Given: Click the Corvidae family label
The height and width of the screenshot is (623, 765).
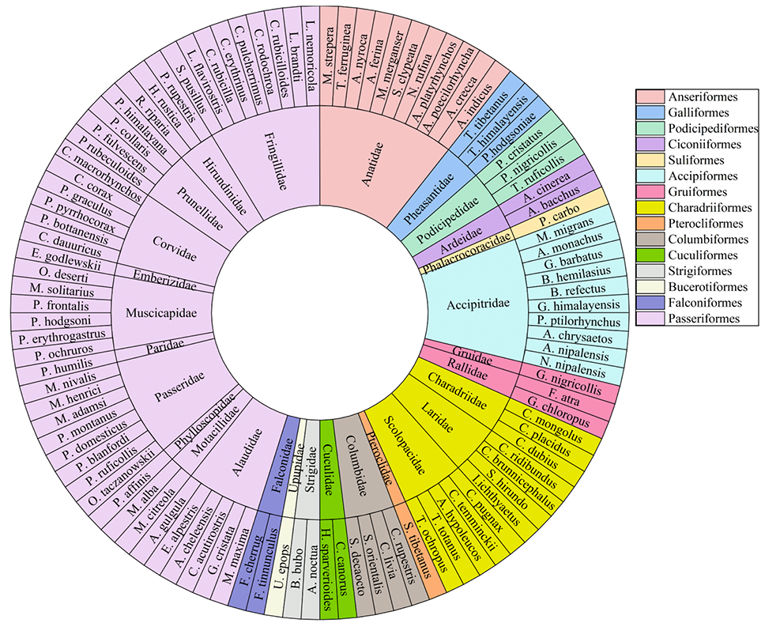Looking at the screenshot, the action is tap(174, 248).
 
